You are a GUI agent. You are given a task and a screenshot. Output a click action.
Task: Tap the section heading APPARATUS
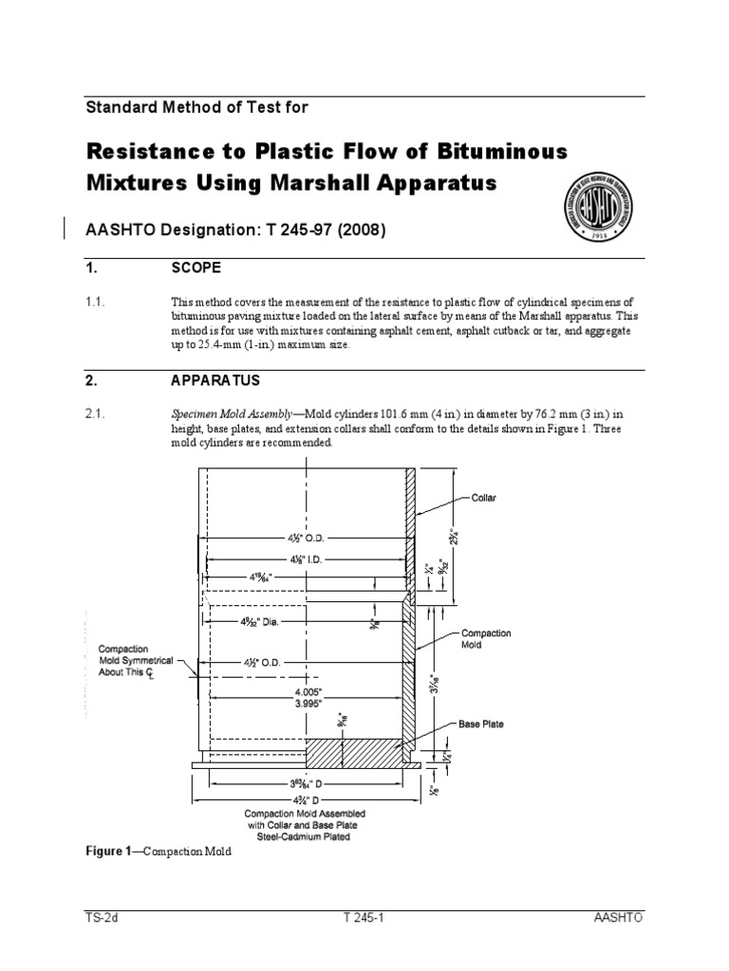(215, 381)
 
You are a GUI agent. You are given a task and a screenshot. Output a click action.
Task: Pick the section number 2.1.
(98, 414)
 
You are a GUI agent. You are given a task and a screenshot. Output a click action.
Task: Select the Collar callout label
(484, 497)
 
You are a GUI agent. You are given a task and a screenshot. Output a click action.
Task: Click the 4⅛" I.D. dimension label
(301, 559)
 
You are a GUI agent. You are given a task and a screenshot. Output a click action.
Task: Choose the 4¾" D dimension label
(305, 800)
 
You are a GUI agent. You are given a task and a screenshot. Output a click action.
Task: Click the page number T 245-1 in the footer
(364, 919)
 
